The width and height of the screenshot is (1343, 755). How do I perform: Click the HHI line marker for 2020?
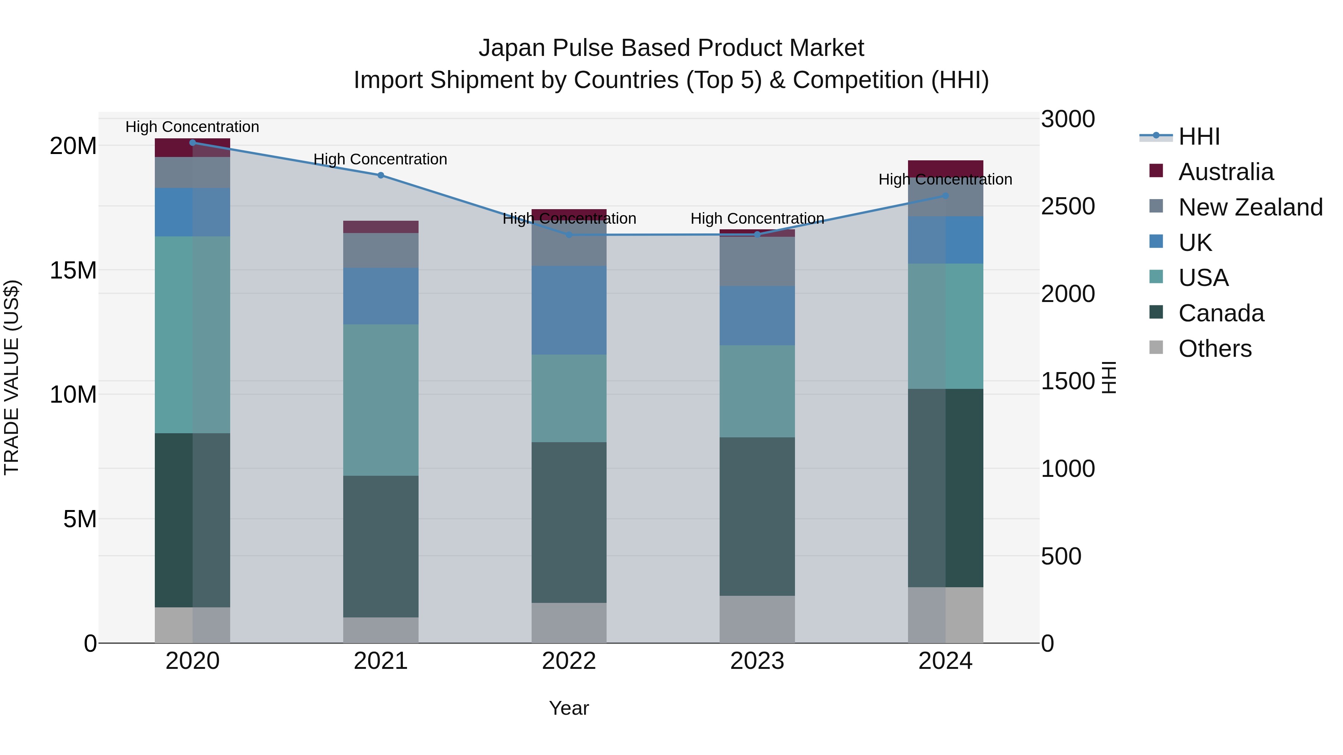click(x=192, y=143)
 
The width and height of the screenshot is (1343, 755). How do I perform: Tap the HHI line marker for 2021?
click(x=381, y=176)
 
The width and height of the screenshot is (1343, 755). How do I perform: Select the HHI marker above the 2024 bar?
click(x=945, y=196)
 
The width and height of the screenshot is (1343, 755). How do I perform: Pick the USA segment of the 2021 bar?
click(x=381, y=400)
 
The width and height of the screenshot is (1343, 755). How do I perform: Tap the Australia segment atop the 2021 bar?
click(x=381, y=227)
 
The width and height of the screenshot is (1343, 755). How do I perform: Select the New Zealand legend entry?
click(x=1250, y=207)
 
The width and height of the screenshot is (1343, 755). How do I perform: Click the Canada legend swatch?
click(x=1156, y=313)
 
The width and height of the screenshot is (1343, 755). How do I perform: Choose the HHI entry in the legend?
click(x=1199, y=136)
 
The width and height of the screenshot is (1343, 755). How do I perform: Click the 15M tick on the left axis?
click(x=73, y=270)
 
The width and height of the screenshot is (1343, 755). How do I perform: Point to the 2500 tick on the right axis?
click(x=1068, y=206)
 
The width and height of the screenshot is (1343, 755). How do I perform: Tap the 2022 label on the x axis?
click(x=569, y=661)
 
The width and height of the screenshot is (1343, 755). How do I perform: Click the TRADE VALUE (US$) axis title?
click(x=12, y=377)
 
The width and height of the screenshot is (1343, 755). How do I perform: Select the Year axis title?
click(x=569, y=708)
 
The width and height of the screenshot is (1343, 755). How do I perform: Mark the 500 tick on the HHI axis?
click(x=1061, y=557)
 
